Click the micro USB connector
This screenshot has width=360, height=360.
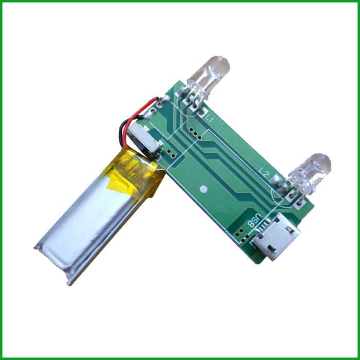tap(276, 236)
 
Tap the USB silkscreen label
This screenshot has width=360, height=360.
tap(255, 221)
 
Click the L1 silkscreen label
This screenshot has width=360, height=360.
tap(209, 119)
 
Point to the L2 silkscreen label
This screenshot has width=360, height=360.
tap(264, 172)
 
